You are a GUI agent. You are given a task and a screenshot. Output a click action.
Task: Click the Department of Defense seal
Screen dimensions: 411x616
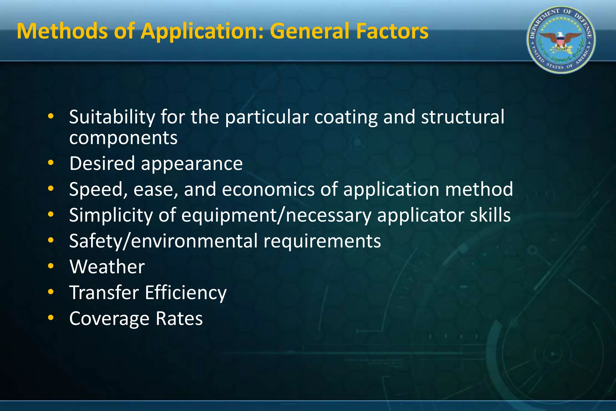click(x=561, y=40)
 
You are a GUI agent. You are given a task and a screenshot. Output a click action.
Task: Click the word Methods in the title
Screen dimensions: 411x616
click(x=62, y=31)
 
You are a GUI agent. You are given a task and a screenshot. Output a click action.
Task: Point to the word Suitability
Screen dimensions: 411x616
click(x=112, y=117)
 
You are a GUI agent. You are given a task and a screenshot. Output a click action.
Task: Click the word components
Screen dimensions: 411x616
click(x=123, y=138)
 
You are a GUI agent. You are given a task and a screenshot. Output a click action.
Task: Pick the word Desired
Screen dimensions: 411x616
click(x=102, y=164)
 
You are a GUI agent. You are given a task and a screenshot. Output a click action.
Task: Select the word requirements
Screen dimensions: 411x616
click(x=322, y=241)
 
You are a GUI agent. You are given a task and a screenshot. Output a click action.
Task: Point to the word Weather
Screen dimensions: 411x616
click(x=107, y=267)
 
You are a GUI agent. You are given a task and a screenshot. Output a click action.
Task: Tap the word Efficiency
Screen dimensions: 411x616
click(x=186, y=293)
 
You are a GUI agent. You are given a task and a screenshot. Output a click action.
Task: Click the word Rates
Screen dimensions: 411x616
click(x=179, y=319)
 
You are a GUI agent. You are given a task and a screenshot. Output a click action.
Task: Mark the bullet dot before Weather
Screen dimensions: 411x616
click(x=51, y=266)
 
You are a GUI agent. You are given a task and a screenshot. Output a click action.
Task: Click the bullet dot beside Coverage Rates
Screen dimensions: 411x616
click(x=51, y=318)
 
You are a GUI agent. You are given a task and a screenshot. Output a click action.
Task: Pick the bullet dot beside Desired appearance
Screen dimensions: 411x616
click(x=51, y=163)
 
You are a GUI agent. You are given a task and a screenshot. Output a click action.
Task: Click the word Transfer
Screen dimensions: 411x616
click(x=104, y=293)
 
